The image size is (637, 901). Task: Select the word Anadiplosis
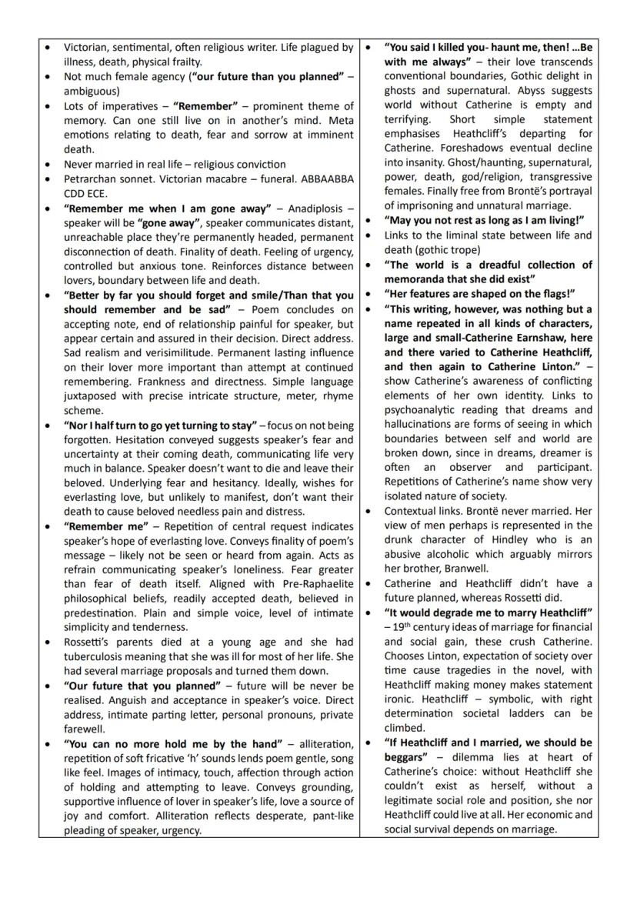pos(312,208)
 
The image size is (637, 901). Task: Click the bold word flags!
pos(556,293)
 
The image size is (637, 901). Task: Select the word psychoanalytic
pos(425,409)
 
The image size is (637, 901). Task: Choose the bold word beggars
pos(408,757)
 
